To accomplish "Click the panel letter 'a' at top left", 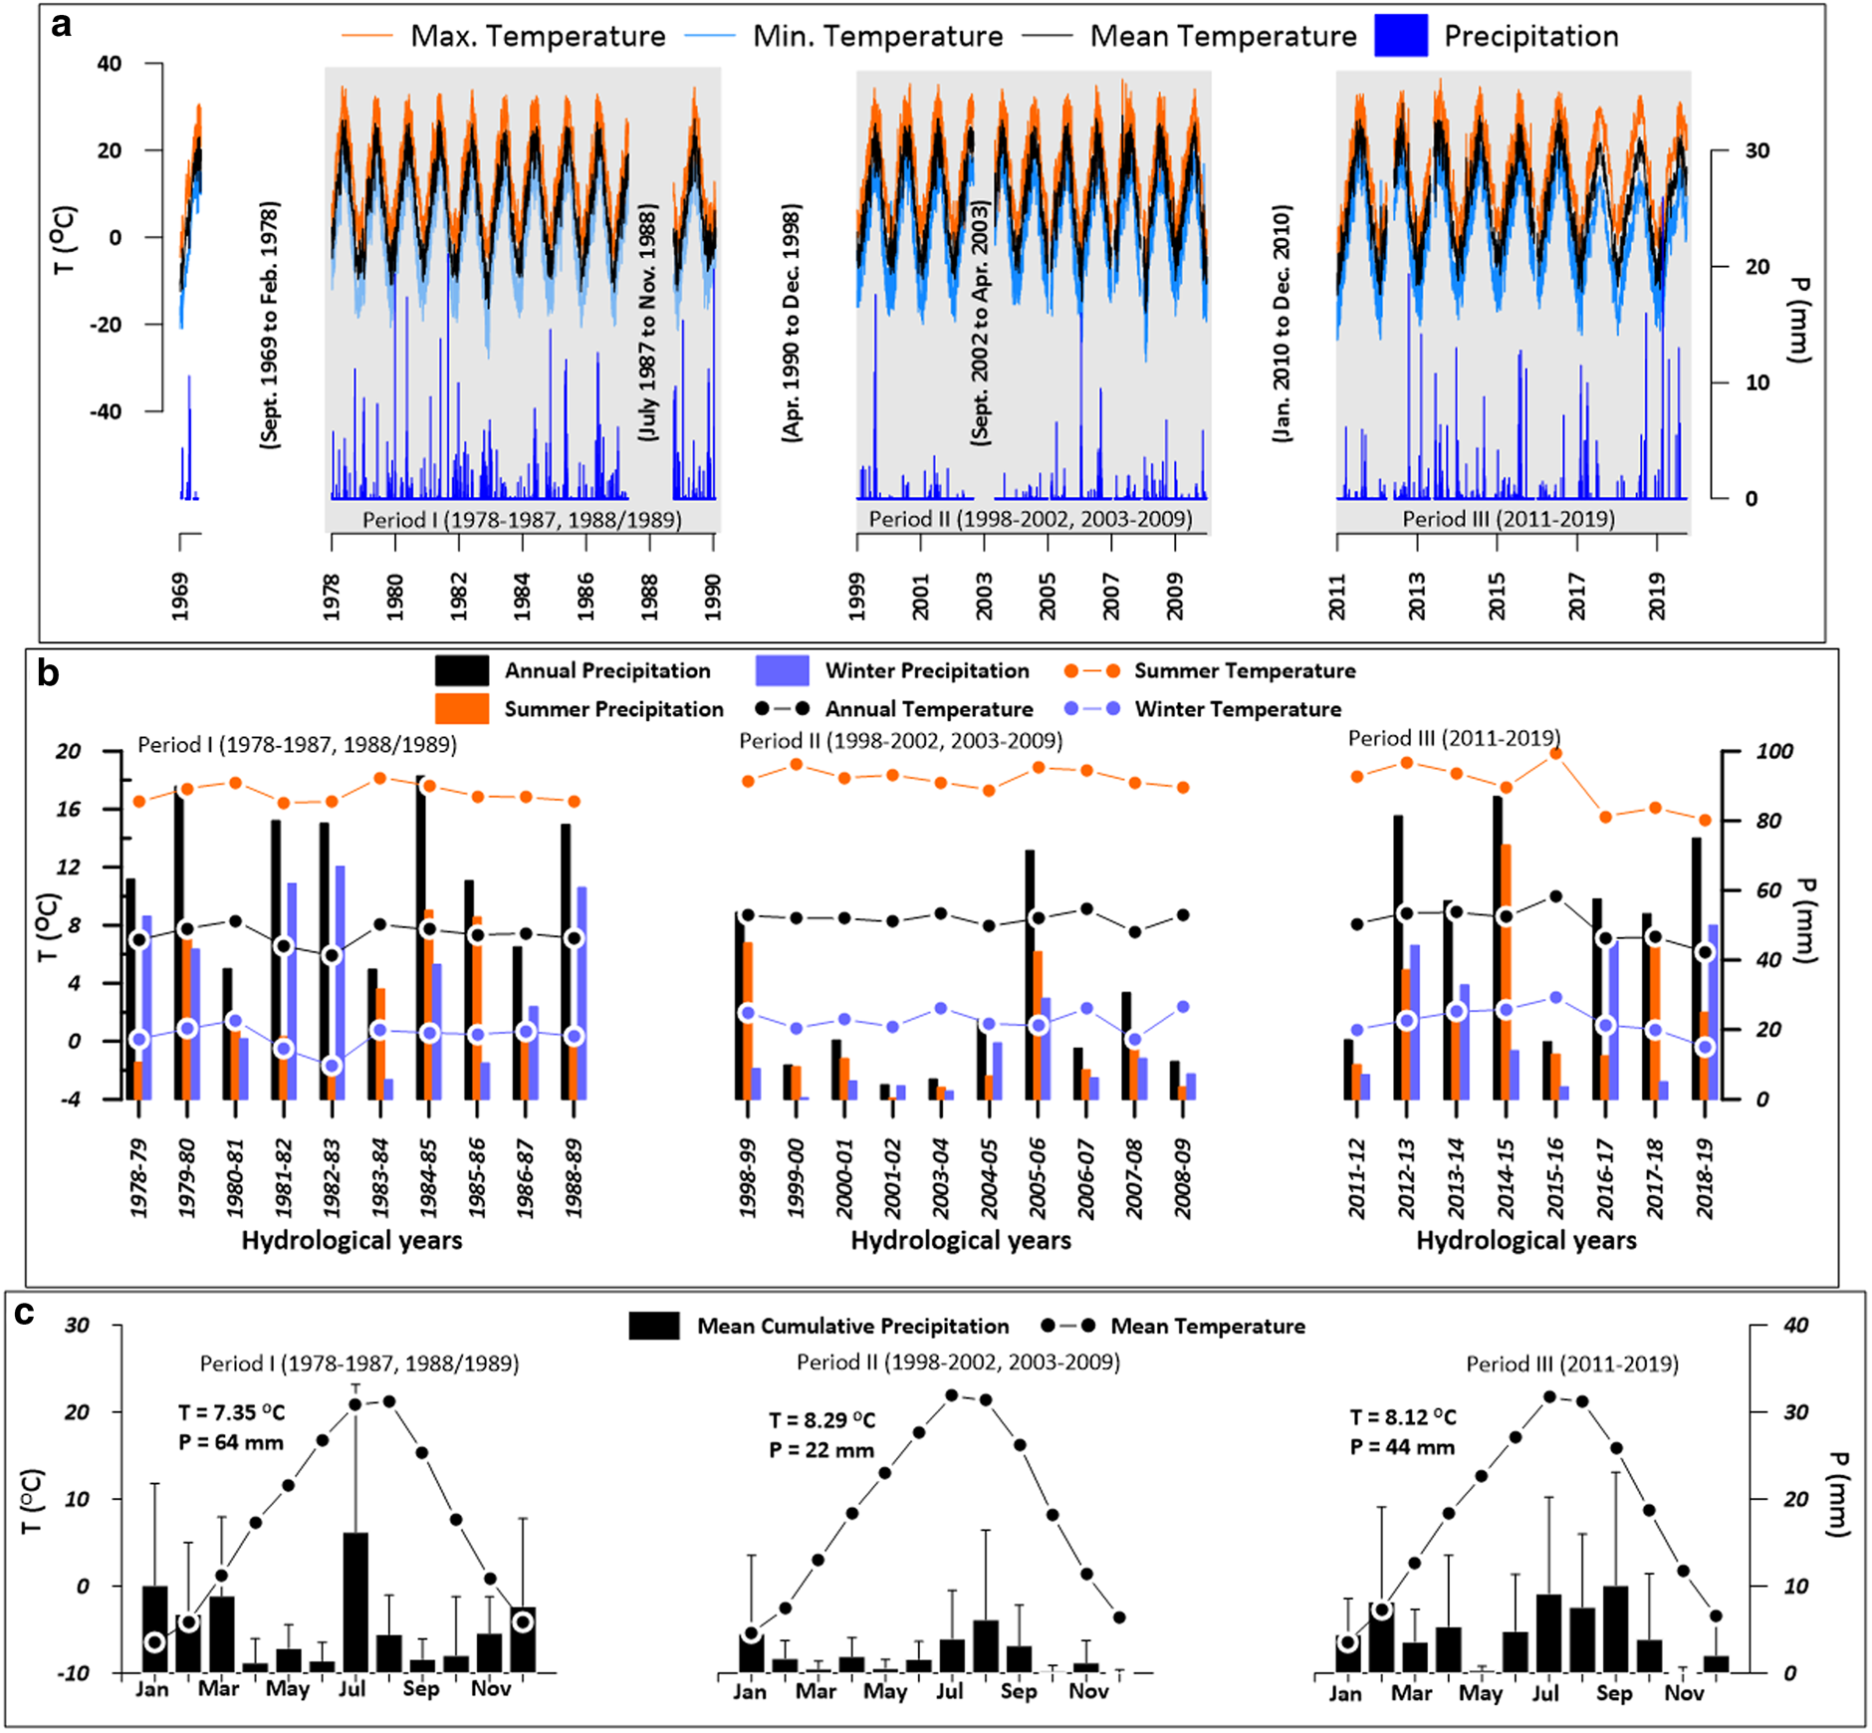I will click(62, 24).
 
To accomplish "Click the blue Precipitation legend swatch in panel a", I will click(1400, 36).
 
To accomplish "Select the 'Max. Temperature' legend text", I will click(538, 37).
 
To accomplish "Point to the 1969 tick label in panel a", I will click(180, 596).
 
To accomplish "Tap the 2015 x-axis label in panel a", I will click(1497, 596).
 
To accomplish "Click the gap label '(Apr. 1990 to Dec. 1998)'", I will click(792, 323).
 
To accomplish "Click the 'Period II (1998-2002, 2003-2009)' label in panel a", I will click(1030, 519).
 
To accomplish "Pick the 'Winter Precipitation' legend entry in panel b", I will click(926, 670).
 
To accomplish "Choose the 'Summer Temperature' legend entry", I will click(1245, 670).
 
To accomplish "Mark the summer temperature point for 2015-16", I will click(1555, 754).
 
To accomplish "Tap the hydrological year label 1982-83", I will click(332, 1177).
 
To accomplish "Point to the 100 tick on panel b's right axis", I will click(1773, 751).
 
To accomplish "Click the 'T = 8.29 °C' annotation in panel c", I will click(821, 1420).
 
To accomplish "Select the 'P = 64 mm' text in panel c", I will click(231, 1442).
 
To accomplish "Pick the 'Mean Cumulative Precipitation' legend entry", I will click(852, 1326).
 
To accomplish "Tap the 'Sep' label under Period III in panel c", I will click(1613, 1692).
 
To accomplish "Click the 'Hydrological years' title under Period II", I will click(961, 1240).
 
